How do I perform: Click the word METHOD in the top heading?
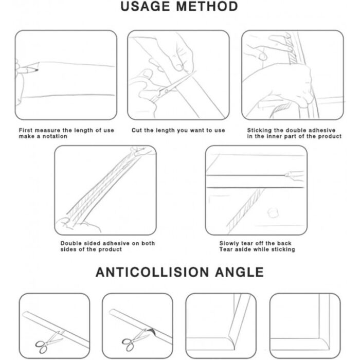coord(207,6)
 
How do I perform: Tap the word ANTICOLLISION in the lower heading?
coord(152,272)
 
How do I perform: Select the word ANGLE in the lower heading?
coord(239,272)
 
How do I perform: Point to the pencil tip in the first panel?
coord(37,70)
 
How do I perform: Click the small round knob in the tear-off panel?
coord(274,212)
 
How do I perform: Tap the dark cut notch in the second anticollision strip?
coord(152,331)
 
